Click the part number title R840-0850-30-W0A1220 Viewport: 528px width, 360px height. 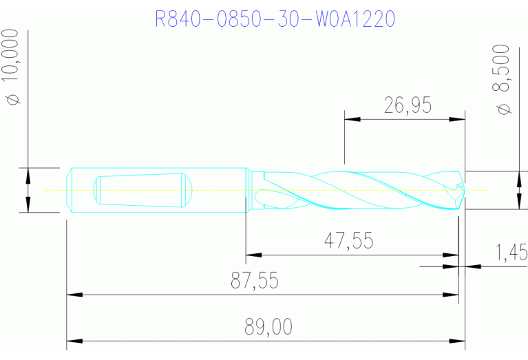(275, 19)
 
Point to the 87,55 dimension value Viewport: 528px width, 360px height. (261, 281)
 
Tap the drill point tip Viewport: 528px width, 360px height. (463, 189)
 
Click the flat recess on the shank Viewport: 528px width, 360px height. (141, 190)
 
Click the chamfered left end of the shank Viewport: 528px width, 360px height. (71, 190)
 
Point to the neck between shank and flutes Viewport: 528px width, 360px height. (254, 189)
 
